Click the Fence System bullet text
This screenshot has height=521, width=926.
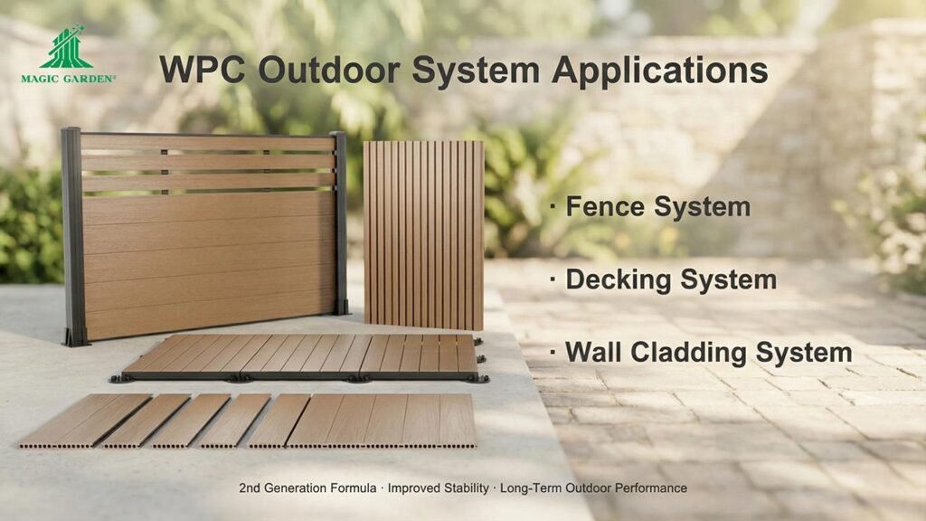click(x=657, y=206)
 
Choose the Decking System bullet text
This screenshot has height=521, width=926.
click(x=670, y=279)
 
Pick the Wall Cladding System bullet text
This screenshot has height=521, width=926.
click(x=708, y=352)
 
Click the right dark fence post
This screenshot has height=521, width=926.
click(x=339, y=222)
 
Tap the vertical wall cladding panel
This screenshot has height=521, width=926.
click(x=423, y=234)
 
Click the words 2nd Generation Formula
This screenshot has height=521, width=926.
click(x=307, y=488)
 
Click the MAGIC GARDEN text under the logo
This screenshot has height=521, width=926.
click(x=69, y=79)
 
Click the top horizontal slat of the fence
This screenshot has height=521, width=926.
click(x=208, y=143)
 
